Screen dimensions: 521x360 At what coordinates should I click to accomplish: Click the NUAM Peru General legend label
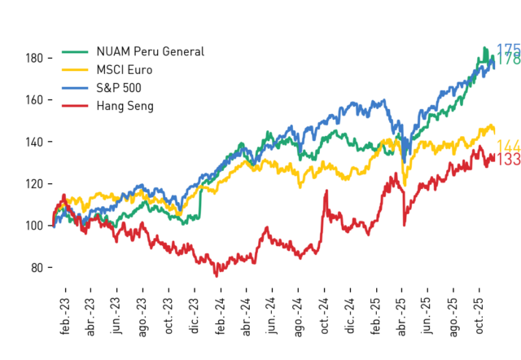point(150,51)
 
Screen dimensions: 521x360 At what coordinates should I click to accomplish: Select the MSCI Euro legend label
point(125,70)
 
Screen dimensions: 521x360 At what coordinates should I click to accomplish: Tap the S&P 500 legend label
point(119,88)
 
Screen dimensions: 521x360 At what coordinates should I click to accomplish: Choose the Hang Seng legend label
point(125,106)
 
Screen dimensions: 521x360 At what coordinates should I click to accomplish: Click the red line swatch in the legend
point(75,106)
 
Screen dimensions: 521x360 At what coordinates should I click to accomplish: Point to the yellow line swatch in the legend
point(75,70)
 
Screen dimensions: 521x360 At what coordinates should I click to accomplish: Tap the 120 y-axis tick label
point(34,183)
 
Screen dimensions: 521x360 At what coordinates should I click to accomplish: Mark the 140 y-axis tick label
point(34,142)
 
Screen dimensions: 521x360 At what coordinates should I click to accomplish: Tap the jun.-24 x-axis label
point(272,315)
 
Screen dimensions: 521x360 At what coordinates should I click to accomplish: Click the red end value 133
point(508,159)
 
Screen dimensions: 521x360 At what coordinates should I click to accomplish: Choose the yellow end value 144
point(508,147)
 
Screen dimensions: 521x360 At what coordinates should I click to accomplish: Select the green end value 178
point(508,59)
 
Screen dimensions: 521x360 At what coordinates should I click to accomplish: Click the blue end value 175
point(508,50)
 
